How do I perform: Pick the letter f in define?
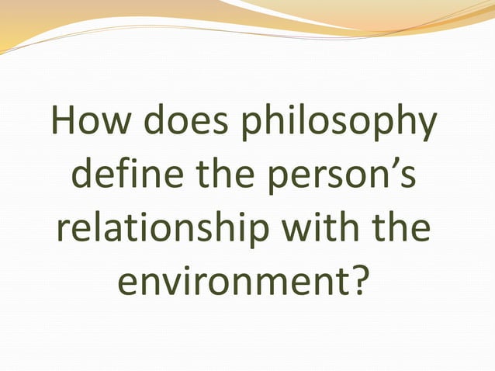tap(116, 177)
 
